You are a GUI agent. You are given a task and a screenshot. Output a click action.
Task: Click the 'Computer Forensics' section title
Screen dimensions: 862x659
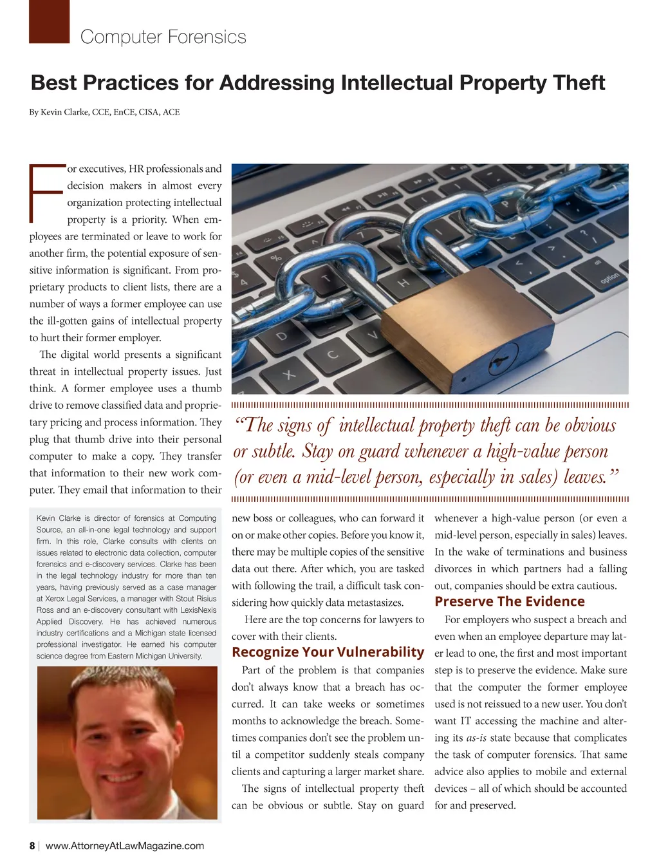click(x=163, y=37)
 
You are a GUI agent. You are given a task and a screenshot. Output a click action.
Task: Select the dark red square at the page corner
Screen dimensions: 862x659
click(x=49, y=21)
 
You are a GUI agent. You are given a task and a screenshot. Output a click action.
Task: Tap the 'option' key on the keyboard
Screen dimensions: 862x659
click(x=609, y=279)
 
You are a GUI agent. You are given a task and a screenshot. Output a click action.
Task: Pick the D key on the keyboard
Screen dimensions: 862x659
click(x=281, y=336)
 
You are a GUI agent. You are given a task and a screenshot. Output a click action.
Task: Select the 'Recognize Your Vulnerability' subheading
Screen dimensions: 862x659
click(x=328, y=652)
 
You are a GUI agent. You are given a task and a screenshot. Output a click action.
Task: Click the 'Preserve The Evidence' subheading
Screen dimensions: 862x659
click(x=510, y=601)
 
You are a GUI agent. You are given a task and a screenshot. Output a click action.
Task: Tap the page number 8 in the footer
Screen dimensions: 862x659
click(x=32, y=846)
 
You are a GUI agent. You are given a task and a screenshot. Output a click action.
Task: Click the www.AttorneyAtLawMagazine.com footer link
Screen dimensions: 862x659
click(x=125, y=846)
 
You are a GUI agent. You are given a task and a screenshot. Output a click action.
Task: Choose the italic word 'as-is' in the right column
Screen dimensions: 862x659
click(x=477, y=738)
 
